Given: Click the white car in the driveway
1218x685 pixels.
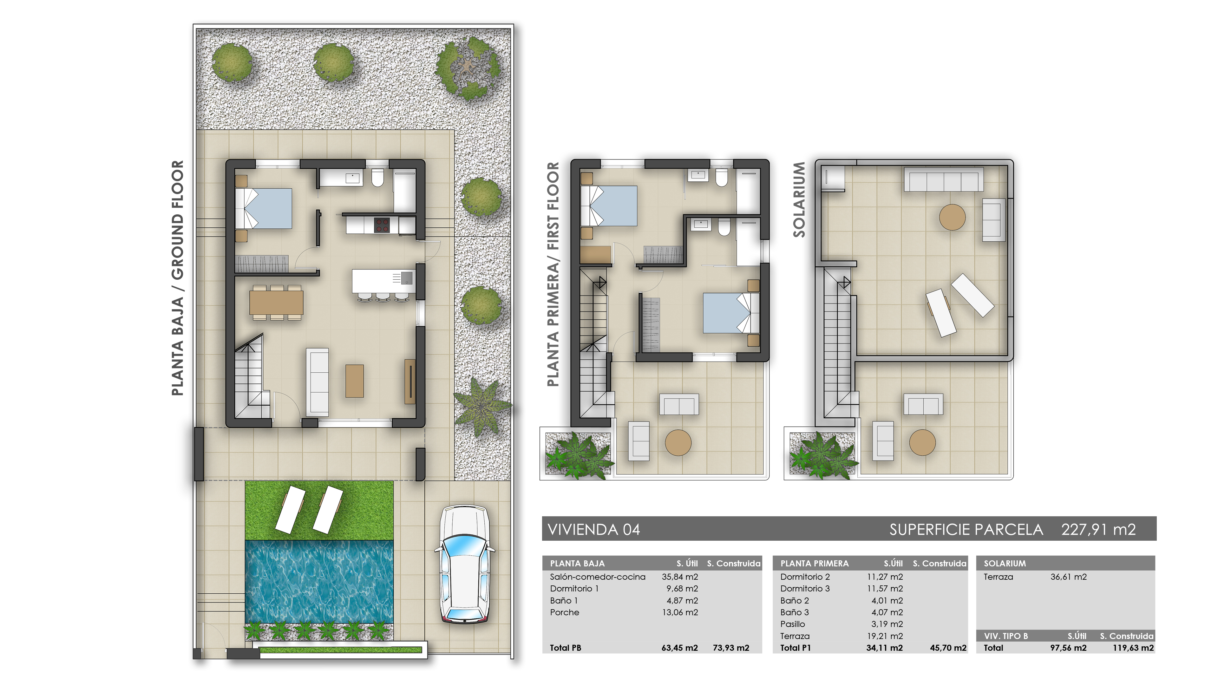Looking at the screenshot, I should coord(464,565).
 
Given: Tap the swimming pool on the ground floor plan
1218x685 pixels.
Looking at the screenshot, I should coord(319,582).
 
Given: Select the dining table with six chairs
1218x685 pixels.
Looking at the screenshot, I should coord(277,303).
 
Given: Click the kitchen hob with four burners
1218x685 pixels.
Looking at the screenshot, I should coord(382,225).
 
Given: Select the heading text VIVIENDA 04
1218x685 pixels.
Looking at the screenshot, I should coord(593,530).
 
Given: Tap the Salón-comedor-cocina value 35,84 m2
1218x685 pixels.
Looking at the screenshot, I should coord(679,577).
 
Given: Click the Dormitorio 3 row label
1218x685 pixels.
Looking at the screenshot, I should coord(805,589).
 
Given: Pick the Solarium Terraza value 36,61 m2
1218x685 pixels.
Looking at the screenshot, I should coord(1068,577).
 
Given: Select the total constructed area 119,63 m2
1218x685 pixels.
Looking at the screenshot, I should coord(1133,648).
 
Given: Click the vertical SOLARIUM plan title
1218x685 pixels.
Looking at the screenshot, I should coord(799,199).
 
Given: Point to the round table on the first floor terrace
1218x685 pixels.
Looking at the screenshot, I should coord(678,442).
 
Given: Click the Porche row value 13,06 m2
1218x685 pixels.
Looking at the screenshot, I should coord(679,612).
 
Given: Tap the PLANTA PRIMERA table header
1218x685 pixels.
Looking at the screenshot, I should coord(814,563).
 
